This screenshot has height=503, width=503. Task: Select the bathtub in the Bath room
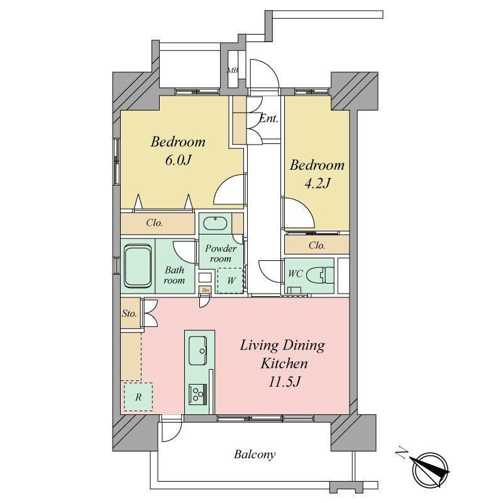tap(138, 266)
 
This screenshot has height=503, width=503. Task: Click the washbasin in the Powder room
tap(216, 223)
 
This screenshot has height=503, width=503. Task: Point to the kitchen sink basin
tap(197, 351)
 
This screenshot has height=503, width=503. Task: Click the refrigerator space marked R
tap(138, 397)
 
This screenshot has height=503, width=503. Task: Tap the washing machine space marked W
tap(231, 280)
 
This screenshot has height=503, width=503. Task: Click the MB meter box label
tap(233, 70)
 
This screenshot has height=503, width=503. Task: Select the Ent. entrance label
tap(268, 119)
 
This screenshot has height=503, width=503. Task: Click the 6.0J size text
tap(178, 160)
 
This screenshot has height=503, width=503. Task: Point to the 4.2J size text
tap(317, 184)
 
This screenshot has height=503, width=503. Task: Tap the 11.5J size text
tap(284, 382)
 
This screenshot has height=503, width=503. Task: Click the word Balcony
tap(255, 455)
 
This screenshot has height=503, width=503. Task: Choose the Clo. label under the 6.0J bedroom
tap(154, 223)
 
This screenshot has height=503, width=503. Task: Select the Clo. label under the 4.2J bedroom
tap(317, 245)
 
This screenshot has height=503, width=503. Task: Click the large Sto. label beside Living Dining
tap(130, 313)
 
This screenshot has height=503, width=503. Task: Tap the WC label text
tap(296, 274)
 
